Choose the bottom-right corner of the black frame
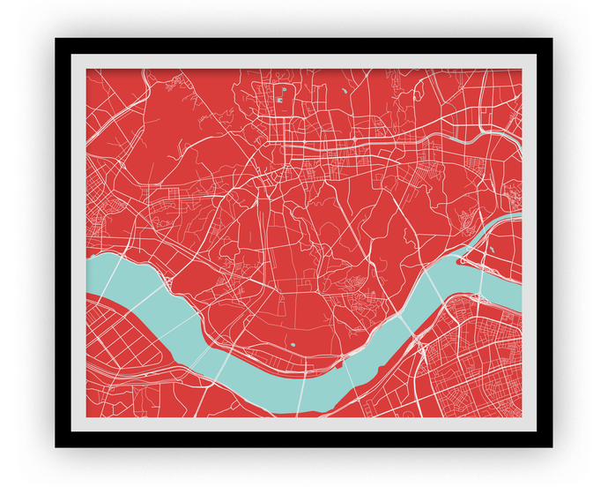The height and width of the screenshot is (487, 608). point(552,446)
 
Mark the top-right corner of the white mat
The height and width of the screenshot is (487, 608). point(535,56)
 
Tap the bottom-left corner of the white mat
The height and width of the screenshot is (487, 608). point(72,431)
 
